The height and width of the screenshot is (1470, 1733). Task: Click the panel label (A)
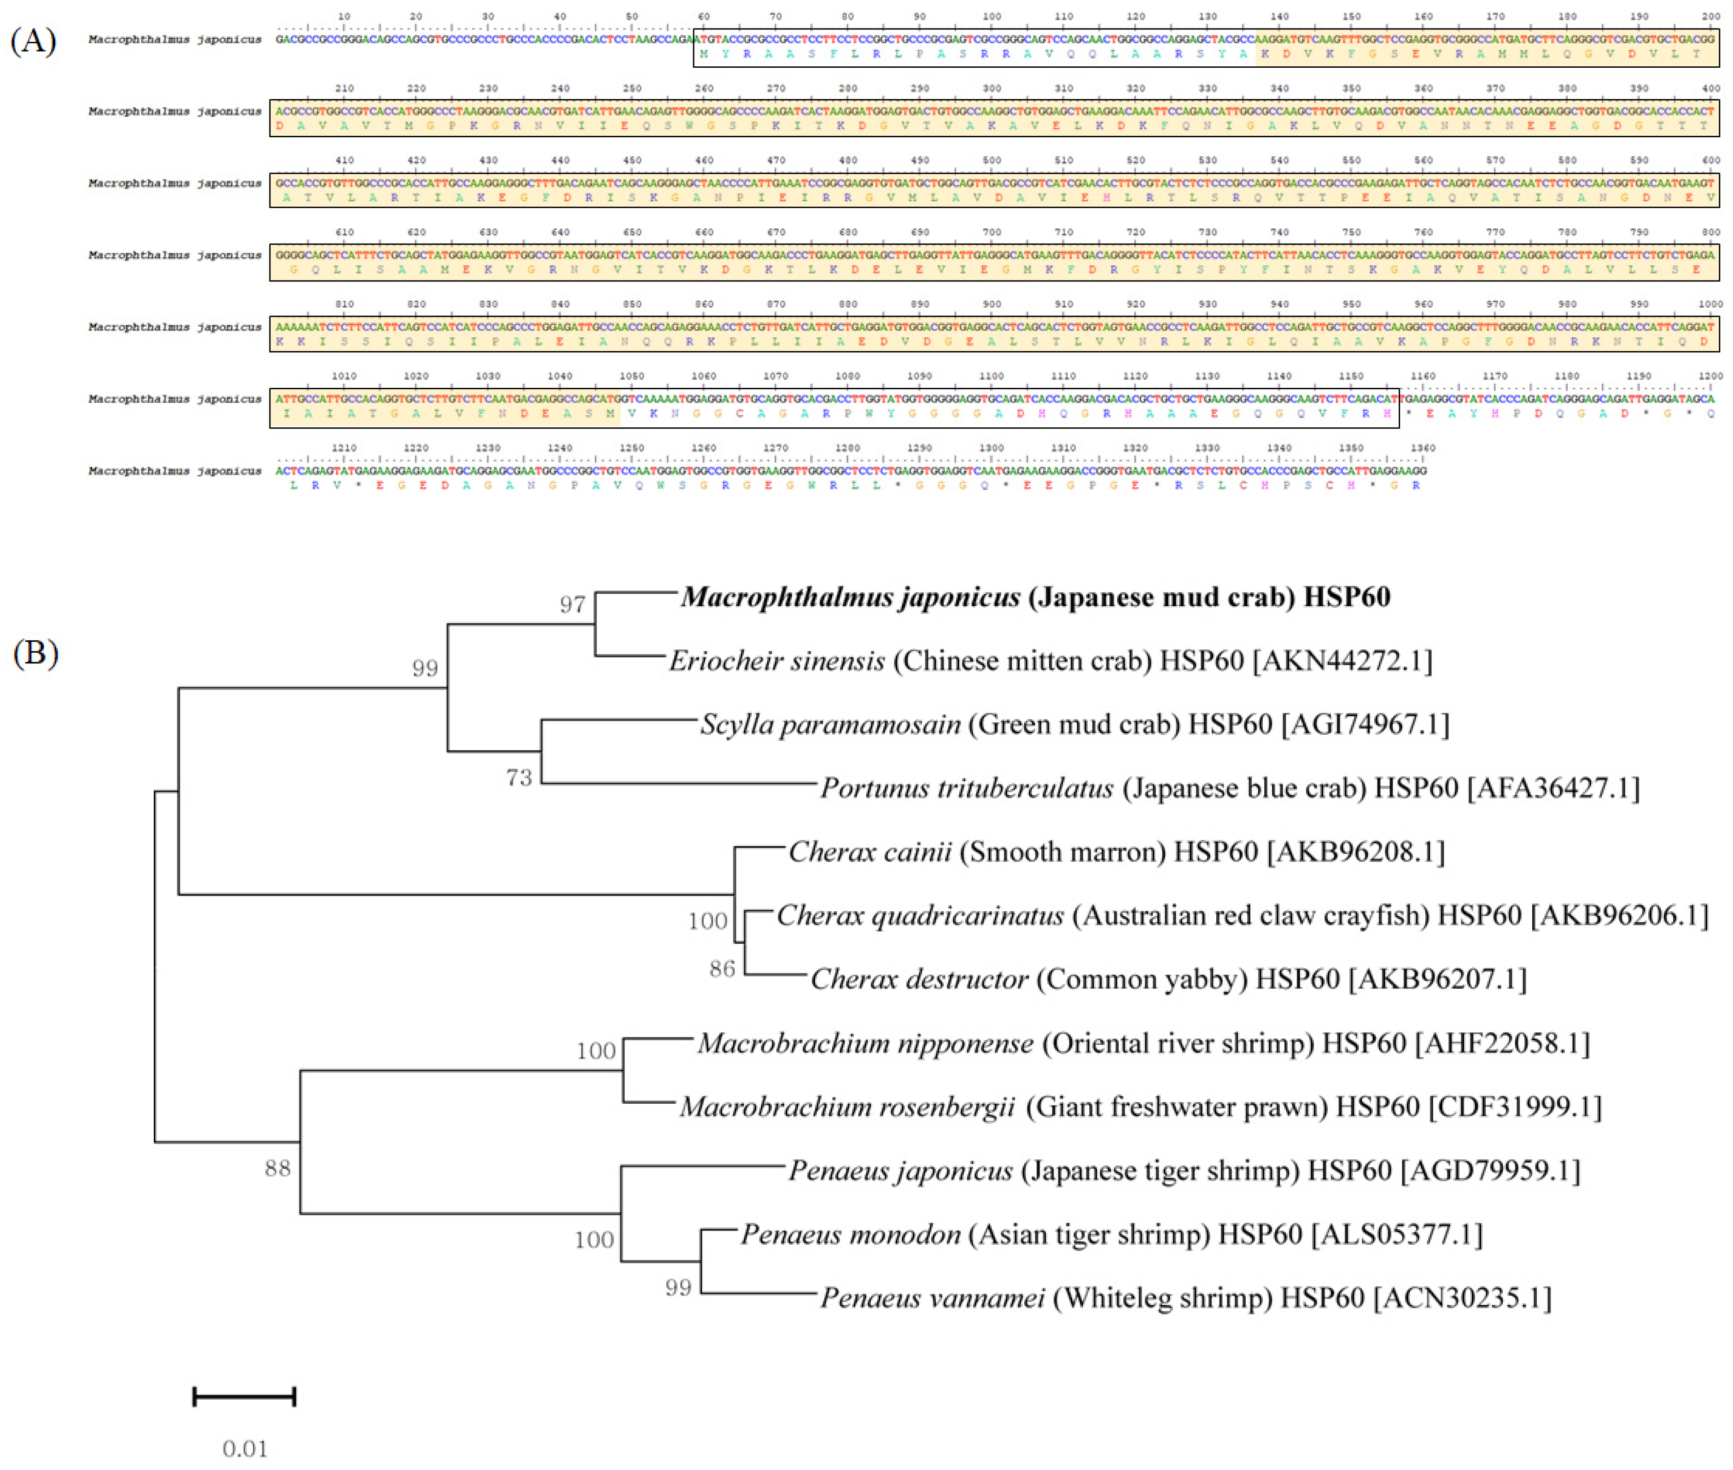click(33, 40)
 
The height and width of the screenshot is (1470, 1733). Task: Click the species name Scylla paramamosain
click(830, 724)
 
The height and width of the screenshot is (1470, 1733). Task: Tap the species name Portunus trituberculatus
click(967, 787)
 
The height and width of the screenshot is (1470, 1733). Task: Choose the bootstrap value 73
click(518, 778)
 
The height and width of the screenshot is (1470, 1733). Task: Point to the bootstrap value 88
click(277, 1168)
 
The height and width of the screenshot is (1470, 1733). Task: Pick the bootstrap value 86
click(722, 968)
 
